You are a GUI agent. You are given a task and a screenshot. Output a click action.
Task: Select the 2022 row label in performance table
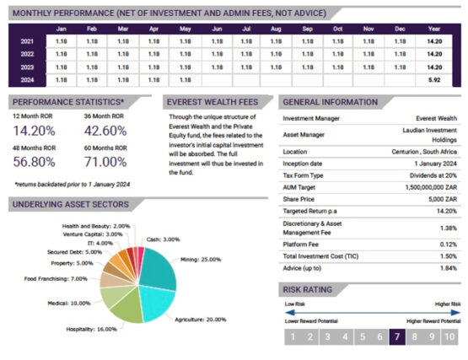pos(26,53)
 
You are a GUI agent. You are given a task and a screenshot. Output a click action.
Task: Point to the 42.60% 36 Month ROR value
pos(105,131)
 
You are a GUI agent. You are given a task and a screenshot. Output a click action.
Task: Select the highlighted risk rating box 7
pos(397,336)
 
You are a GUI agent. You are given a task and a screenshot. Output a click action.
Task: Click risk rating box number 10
pos(449,336)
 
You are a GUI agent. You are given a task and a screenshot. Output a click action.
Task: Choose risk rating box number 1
pos(291,336)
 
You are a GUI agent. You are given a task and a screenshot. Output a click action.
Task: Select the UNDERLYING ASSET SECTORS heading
pos(71,204)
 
